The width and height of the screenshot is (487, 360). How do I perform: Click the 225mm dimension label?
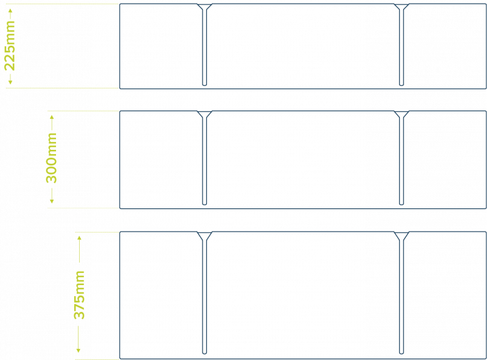click(10, 46)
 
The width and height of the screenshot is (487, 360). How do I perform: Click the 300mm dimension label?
click(52, 158)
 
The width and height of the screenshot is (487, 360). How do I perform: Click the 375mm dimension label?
click(79, 295)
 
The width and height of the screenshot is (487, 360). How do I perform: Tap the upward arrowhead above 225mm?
click(10, 11)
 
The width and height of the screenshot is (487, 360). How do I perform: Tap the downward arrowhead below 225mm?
click(10, 82)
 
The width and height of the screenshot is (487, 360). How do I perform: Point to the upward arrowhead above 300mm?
click(52, 118)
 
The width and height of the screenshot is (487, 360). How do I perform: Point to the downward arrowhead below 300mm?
click(52, 201)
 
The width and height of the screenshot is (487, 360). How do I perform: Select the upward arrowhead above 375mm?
click(80, 238)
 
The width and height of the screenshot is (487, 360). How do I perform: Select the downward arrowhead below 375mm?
click(79, 350)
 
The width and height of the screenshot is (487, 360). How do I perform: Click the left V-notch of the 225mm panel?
click(205, 7)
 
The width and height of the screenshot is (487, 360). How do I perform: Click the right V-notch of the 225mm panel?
click(401, 7)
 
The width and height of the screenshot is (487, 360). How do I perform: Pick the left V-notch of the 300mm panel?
click(205, 114)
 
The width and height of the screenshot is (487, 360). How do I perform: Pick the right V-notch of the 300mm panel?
click(401, 114)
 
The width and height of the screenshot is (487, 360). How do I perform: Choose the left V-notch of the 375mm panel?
click(205, 236)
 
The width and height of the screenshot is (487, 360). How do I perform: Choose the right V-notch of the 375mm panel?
click(401, 236)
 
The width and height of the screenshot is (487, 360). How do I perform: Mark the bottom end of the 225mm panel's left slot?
click(205, 85)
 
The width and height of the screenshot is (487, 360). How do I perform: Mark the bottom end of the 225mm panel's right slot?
click(401, 85)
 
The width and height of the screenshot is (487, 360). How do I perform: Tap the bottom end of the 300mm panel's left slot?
click(205, 205)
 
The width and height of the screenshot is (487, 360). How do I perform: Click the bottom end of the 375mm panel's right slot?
click(401, 353)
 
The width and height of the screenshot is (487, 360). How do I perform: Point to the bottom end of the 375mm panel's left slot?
click(205, 353)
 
